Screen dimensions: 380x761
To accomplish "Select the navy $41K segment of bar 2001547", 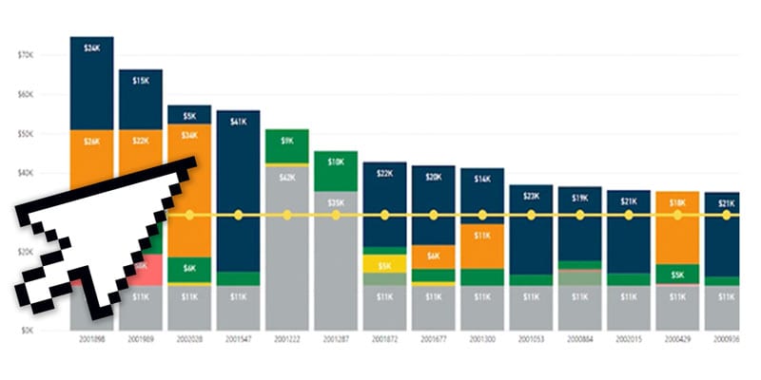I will click(238, 190).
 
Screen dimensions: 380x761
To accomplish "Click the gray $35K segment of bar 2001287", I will click(336, 247).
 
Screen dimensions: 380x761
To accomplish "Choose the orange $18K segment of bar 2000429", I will click(677, 228).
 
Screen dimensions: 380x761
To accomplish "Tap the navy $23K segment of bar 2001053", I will click(531, 228).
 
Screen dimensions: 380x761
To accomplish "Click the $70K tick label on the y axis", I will click(26, 55).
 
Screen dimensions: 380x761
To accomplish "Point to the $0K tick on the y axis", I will click(26, 330).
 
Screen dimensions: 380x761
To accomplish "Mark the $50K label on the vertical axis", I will click(26, 134).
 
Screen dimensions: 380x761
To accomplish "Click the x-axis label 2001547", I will click(238, 338).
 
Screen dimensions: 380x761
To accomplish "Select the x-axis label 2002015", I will click(629, 338).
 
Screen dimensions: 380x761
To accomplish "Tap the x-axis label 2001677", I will click(433, 338).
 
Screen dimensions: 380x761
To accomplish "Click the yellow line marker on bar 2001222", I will click(287, 216).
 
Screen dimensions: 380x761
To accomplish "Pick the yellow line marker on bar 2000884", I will click(579, 216).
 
